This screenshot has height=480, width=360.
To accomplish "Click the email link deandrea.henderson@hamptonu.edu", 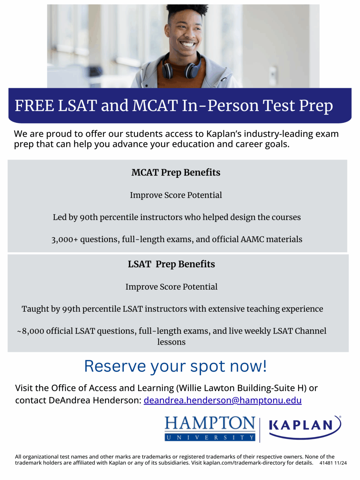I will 222,400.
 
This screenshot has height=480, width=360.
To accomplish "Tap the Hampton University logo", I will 210,428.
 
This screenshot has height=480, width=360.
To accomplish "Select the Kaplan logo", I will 305,426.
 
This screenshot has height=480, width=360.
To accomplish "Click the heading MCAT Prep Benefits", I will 176,172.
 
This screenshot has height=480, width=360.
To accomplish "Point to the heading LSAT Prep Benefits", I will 171,264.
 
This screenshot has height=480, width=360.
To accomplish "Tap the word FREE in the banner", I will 34,106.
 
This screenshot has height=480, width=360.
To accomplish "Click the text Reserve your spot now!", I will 175,366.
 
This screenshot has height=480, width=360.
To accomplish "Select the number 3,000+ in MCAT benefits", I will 64,239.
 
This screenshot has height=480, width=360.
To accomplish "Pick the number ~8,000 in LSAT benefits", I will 30,331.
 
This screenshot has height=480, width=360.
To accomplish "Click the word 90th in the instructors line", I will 89,217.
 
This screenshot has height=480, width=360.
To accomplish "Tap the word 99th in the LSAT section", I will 71,309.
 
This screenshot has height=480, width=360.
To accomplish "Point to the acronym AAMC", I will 252,239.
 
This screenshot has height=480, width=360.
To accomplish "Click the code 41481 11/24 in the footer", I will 333,463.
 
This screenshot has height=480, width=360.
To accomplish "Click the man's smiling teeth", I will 188,44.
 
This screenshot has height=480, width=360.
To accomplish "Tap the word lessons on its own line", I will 171,342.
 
